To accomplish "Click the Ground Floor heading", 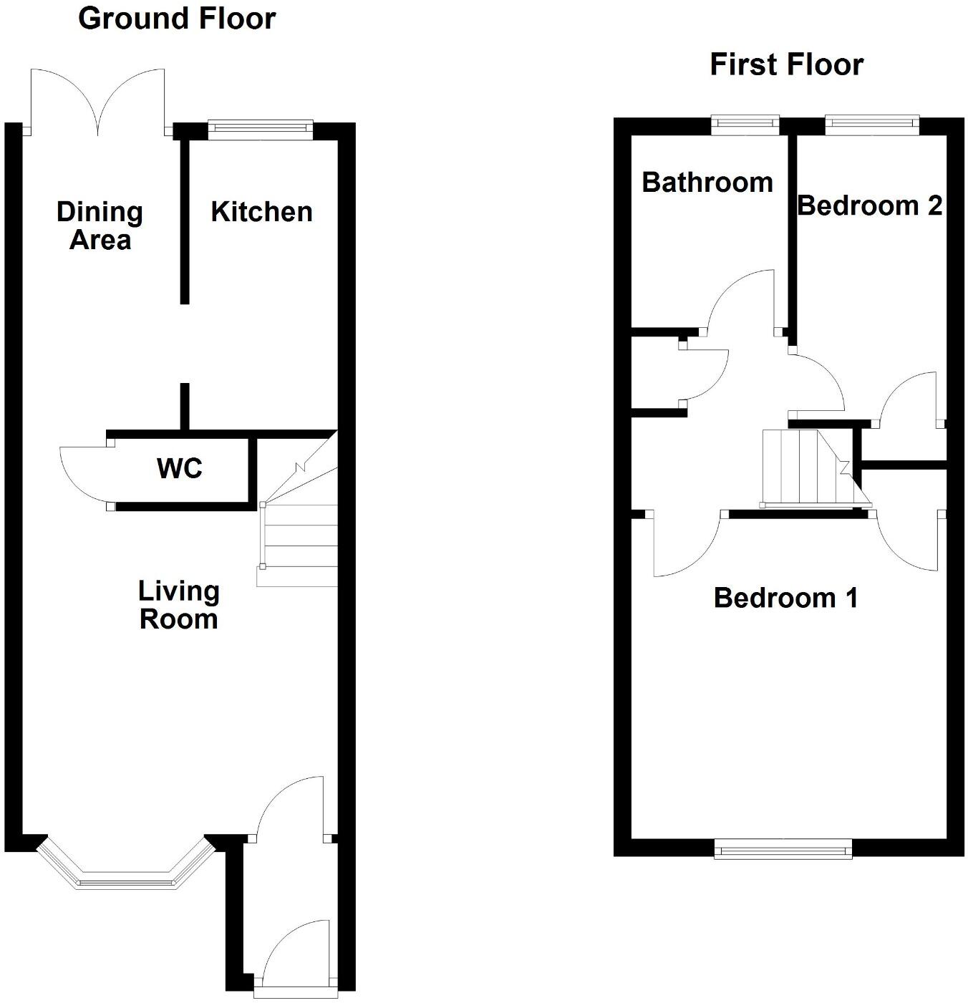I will (176, 19).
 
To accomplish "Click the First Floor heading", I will (786, 64).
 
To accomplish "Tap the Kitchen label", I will (261, 212).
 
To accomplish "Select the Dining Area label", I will (100, 226).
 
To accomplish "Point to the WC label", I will (179, 469).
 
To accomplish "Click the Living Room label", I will (178, 605).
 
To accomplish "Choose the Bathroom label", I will (707, 183).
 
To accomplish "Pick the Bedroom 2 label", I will (869, 206).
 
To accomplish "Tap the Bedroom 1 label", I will (785, 598).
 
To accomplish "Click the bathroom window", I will (745, 124).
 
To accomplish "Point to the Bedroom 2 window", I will (871, 124).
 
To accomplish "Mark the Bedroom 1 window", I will (783, 850).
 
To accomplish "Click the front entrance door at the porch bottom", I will (295, 956).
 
